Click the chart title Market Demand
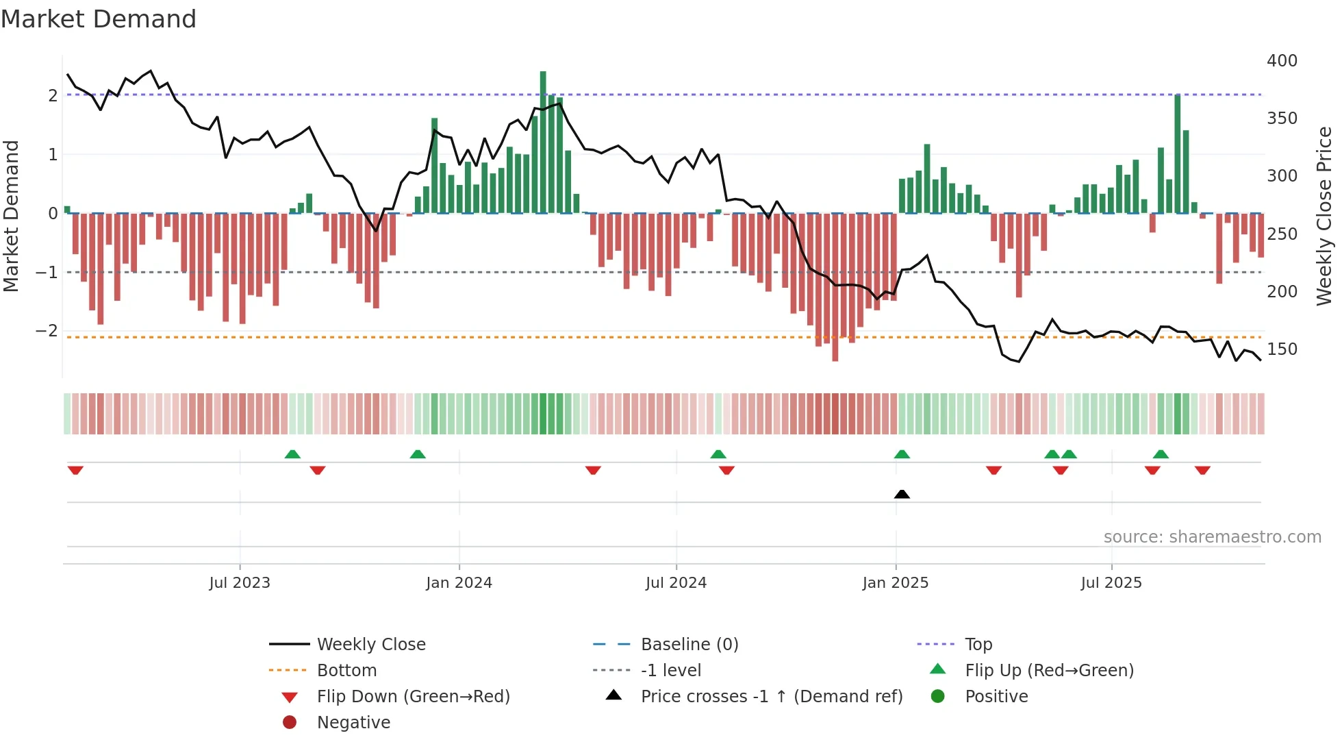(x=99, y=19)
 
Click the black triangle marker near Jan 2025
(x=902, y=494)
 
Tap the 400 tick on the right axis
(x=1282, y=61)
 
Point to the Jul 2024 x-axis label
(x=676, y=583)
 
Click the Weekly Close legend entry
(x=370, y=645)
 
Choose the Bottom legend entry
(x=346, y=671)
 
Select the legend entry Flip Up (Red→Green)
(x=1049, y=671)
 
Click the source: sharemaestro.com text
(x=1212, y=537)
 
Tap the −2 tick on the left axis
(x=47, y=331)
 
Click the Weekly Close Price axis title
(x=1324, y=216)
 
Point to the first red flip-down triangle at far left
(x=75, y=470)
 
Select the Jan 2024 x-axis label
(x=459, y=583)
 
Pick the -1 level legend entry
(x=670, y=671)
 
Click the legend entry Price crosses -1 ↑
(x=771, y=697)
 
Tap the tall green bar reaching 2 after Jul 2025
(x=1178, y=154)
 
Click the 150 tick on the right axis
(x=1282, y=349)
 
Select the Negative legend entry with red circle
(x=353, y=723)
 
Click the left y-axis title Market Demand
(x=12, y=216)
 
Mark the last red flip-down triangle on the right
(x=1202, y=470)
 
